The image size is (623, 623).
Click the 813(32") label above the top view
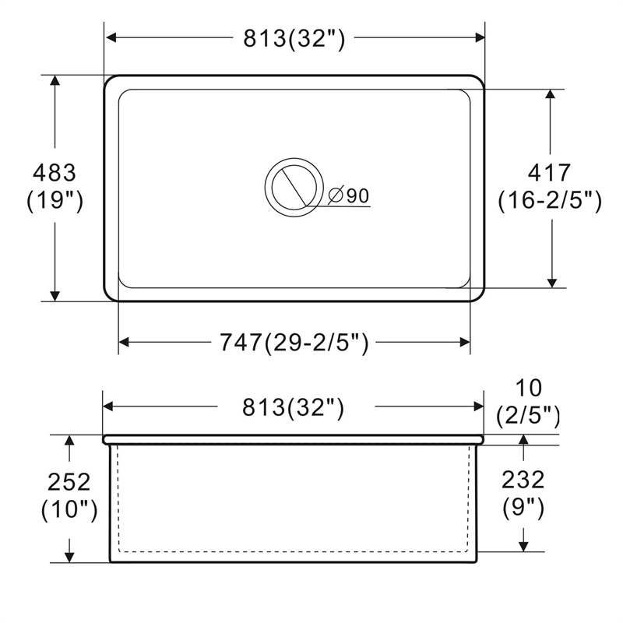point(294,38)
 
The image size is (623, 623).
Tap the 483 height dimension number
point(54,173)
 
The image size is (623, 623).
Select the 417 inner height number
point(550,172)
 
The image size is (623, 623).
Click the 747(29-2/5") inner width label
point(294,343)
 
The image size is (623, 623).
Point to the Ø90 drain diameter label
point(348,195)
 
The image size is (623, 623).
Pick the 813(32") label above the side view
point(294,407)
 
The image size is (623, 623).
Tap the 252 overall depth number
point(69,482)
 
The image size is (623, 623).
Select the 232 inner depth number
point(523,480)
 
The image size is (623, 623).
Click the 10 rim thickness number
point(529,388)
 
